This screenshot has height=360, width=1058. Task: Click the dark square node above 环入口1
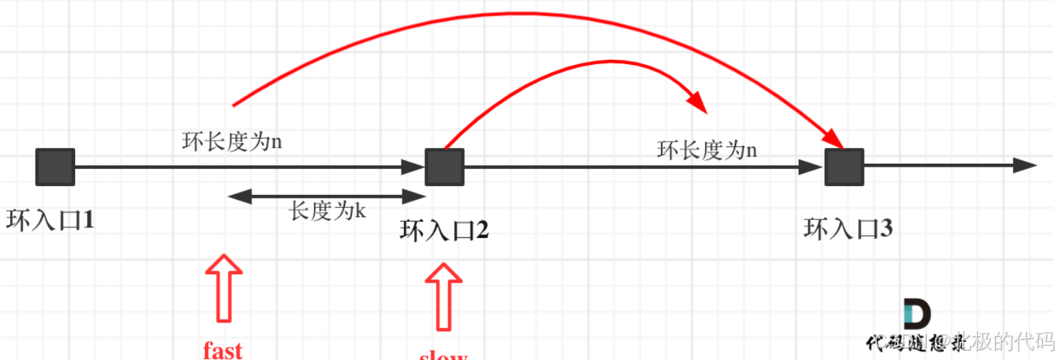[x=55, y=167]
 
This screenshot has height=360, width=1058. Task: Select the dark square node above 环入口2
[x=444, y=167]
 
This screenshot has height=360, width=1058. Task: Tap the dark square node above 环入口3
[x=844, y=167]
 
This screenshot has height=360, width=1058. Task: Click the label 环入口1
[x=51, y=219]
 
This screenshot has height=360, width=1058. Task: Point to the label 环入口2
[x=444, y=230]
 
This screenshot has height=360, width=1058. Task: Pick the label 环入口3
[x=848, y=229]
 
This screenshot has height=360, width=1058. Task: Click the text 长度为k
[x=328, y=211]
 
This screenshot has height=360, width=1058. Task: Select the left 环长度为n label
[x=232, y=141]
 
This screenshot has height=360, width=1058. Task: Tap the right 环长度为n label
[x=707, y=150]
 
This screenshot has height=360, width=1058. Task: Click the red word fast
[x=222, y=350]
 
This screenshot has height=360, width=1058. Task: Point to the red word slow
[x=443, y=355]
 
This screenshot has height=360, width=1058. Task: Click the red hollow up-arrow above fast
[x=224, y=287]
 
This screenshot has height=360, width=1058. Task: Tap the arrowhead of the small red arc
[x=697, y=102]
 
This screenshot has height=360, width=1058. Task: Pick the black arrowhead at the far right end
[x=1025, y=165]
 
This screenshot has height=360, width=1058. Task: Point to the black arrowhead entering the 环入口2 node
[x=414, y=167]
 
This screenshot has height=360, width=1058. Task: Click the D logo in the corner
[x=917, y=315]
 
